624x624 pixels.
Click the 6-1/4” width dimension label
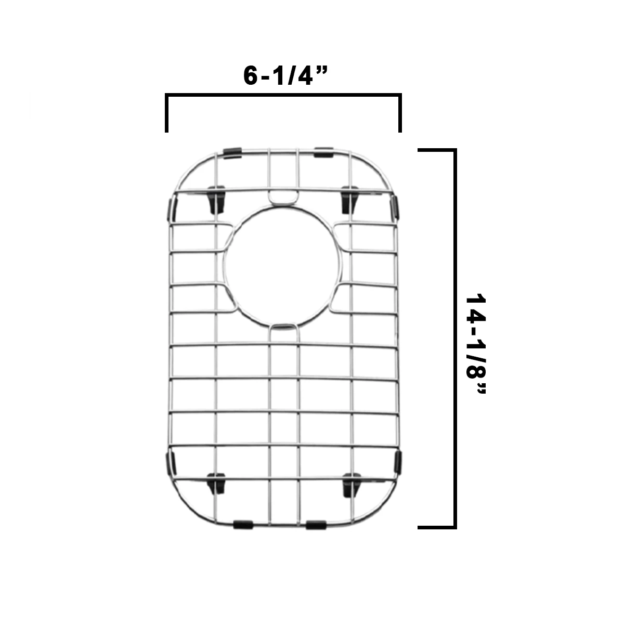coord(285,76)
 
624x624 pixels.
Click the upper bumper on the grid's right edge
coord(395,207)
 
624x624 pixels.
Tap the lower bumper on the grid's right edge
coord(398,462)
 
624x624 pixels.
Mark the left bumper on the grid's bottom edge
coord(242,524)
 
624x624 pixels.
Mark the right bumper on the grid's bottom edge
coord(316,525)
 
